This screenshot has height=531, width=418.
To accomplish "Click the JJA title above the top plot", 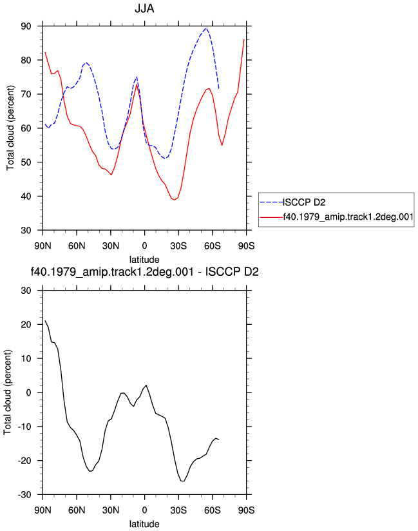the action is click(144, 8).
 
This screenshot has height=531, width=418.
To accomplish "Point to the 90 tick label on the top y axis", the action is click(26, 26).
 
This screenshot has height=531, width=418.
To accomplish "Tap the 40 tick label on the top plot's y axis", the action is click(26, 197).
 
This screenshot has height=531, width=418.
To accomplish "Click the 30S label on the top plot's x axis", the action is click(178, 246).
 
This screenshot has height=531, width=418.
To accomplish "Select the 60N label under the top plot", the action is click(77, 246).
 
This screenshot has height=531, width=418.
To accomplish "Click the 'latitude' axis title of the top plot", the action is click(144, 260).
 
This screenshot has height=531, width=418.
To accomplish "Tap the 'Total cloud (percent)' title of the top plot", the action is click(10, 128).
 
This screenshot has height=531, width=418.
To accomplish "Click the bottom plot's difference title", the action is click(144, 272).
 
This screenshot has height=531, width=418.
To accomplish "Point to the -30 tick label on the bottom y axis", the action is click(24, 495).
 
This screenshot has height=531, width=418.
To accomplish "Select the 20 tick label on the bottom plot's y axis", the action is click(26, 324).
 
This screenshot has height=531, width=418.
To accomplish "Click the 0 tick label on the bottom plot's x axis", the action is click(144, 510).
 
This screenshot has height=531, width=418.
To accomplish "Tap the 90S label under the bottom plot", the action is click(246, 510).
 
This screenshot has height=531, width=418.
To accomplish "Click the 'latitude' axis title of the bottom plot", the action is click(144, 524).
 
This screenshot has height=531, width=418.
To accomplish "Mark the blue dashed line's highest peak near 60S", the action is click(205, 28).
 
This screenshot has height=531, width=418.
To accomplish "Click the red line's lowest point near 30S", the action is click(175, 200).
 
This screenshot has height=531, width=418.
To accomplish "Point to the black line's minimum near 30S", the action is click(182, 481).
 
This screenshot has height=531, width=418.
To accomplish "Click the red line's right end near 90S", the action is click(244, 39).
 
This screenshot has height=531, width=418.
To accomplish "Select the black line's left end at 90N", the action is click(45, 320).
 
